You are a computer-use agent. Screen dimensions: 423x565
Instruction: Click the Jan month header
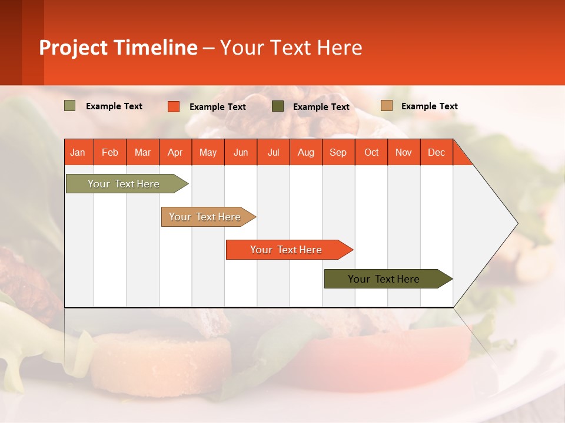[x=78, y=152]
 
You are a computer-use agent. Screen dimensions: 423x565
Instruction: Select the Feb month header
[x=110, y=152]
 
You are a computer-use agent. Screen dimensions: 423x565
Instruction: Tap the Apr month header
[x=175, y=152]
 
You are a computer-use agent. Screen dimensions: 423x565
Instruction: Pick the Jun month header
[x=241, y=152]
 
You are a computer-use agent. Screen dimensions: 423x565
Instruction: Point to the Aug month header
[x=305, y=152]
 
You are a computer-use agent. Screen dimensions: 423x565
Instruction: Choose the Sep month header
[x=338, y=152]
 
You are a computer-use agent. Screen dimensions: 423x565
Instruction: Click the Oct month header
[x=371, y=152]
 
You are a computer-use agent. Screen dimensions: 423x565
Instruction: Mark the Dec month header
[x=436, y=152]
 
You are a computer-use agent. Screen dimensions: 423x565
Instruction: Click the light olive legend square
[x=70, y=106]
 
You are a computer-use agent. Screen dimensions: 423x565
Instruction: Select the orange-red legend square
[x=174, y=106]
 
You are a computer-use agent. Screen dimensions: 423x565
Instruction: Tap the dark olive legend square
[x=278, y=106]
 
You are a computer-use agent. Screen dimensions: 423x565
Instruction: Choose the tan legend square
[x=386, y=106]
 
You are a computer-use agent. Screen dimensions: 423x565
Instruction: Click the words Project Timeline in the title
[x=118, y=48]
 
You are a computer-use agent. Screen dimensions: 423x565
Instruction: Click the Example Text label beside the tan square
[x=429, y=106]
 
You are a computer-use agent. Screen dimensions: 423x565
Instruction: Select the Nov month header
[x=404, y=152]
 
